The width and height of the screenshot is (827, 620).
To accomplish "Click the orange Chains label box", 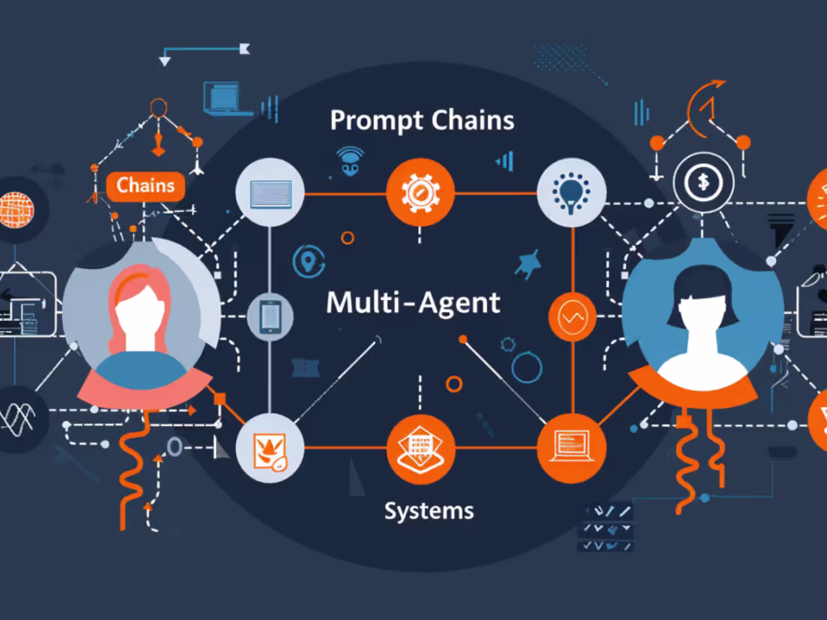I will coord(146,186).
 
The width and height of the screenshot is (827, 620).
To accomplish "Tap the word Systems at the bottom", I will coord(429,511).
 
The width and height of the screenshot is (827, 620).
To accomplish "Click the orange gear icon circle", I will coord(420,192).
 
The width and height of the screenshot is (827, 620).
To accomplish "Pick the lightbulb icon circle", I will coord(571,192).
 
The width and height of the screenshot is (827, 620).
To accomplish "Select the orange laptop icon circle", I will coord(571,448).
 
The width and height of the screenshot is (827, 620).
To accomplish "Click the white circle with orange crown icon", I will coord(270,449).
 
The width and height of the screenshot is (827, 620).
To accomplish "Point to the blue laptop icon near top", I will coord(224,97).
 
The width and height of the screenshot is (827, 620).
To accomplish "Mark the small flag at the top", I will coord(244,49).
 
